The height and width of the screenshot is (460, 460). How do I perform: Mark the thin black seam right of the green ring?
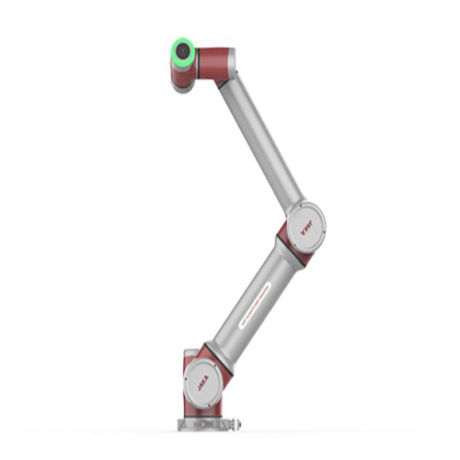pos(196,61)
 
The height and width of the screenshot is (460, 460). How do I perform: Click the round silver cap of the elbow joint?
pos(310,222)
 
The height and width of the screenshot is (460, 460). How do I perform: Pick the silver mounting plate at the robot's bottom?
pos(205,423)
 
